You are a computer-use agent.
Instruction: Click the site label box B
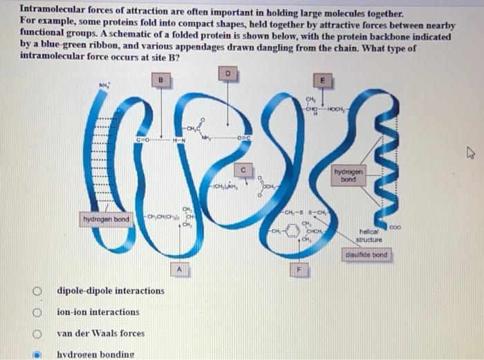coord(161,81)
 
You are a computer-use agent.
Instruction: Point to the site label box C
coord(243,169)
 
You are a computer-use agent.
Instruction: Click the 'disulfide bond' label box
coord(366,256)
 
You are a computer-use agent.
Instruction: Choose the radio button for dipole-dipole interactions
coord(41,290)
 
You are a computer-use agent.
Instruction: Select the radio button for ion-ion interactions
coord(41,312)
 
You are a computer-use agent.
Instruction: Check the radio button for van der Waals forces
coord(41,333)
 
